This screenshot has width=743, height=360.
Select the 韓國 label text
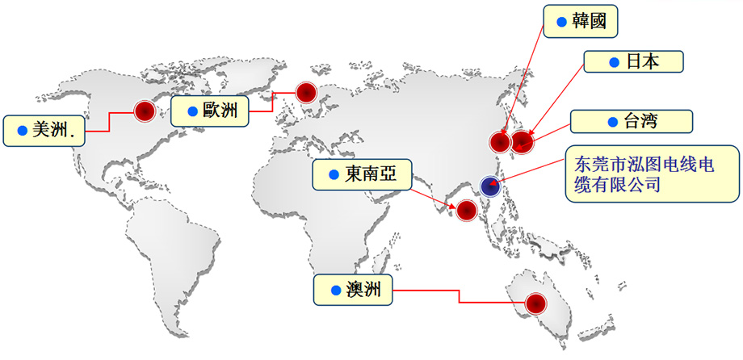click(x=589, y=21)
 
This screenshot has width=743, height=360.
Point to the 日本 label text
click(x=643, y=61)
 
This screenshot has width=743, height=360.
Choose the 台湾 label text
click(x=640, y=121)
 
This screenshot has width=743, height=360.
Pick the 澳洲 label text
click(x=363, y=290)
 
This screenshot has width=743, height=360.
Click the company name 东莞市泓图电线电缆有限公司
click(x=644, y=174)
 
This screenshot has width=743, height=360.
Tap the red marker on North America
click(x=145, y=111)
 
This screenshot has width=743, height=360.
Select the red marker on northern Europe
click(x=306, y=93)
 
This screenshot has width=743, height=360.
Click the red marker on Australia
click(x=536, y=303)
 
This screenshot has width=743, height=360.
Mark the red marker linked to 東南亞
click(x=466, y=209)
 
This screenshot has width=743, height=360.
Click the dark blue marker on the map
click(x=490, y=186)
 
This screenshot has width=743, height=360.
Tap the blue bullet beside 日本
click(x=614, y=62)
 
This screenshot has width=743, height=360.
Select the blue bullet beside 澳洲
click(x=336, y=291)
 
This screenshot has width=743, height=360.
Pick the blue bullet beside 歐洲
click(x=192, y=111)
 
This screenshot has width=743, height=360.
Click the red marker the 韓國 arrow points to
click(x=500, y=142)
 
